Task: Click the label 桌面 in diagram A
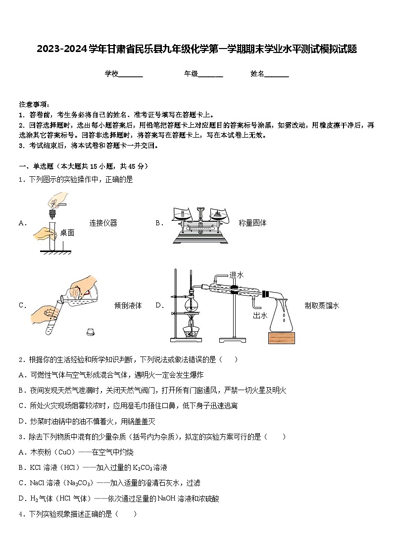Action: (x=67, y=233)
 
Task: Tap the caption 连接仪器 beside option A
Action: (x=103, y=223)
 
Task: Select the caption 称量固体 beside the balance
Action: (x=252, y=223)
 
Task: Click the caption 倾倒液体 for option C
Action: (x=128, y=305)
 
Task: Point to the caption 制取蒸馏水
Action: (x=322, y=305)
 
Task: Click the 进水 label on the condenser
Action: (x=237, y=275)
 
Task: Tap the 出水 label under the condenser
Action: (x=260, y=315)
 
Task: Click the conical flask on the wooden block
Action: (x=281, y=317)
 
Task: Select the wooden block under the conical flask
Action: (x=281, y=338)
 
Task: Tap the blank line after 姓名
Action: (x=277, y=74)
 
